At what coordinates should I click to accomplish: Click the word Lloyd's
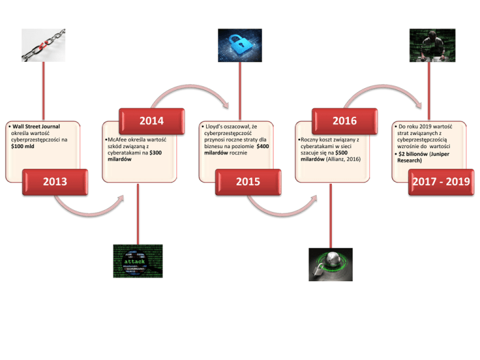tap(216, 126)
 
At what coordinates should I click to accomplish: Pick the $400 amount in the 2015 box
tap(263, 146)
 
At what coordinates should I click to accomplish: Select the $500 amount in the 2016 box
tap(341, 152)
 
